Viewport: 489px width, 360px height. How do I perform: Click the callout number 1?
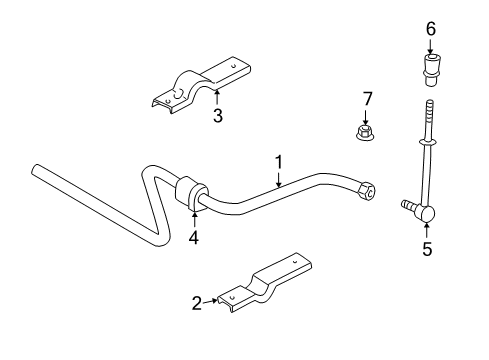pos(279,160)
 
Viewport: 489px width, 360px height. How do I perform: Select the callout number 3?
pos(217,115)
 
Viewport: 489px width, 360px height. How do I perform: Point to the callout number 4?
pos(193,237)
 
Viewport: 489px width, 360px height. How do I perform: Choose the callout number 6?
pos(431,30)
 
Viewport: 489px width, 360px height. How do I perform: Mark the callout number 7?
pos(367,98)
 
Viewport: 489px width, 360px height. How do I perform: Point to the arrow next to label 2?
pos(215,299)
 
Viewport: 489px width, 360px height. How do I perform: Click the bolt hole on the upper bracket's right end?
pos(236,65)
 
